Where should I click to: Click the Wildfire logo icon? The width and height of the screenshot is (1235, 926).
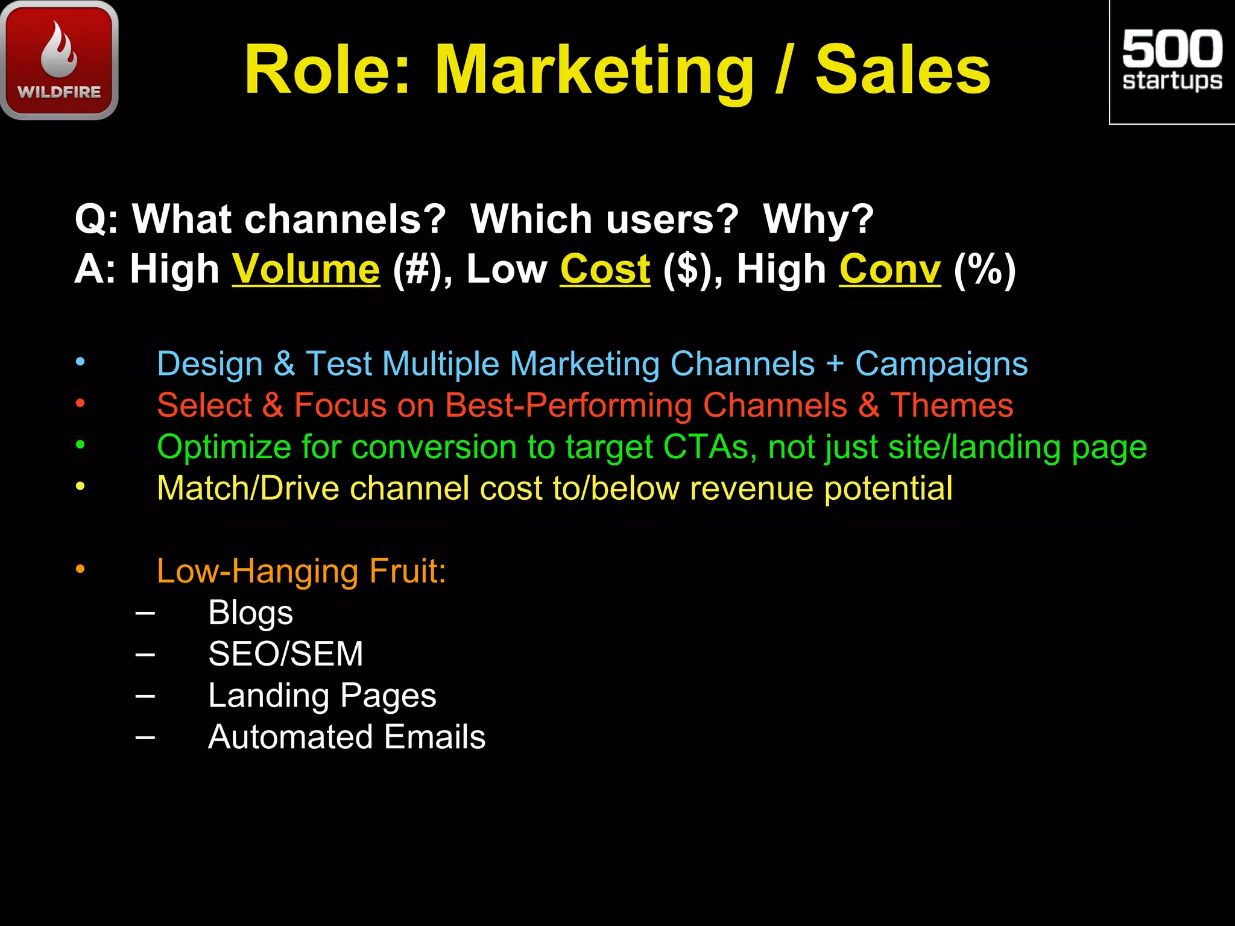(59, 60)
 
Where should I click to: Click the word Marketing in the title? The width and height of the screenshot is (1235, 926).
(594, 71)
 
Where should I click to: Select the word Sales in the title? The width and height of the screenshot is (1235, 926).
(903, 71)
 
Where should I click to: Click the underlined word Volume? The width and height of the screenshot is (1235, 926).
(306, 269)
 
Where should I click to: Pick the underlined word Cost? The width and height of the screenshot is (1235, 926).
(605, 269)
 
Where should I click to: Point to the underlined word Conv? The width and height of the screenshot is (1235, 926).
(889, 269)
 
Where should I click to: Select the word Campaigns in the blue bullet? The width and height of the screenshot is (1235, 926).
(941, 365)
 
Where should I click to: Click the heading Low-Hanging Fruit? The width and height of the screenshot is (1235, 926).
(301, 571)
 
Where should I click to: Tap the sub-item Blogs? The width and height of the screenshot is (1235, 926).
(250, 613)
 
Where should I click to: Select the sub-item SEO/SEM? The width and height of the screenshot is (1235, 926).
(285, 654)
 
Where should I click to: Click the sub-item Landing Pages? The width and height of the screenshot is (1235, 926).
(322, 696)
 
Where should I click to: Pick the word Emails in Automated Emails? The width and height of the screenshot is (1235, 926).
(434, 737)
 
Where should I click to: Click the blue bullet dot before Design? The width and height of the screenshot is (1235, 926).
(80, 362)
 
